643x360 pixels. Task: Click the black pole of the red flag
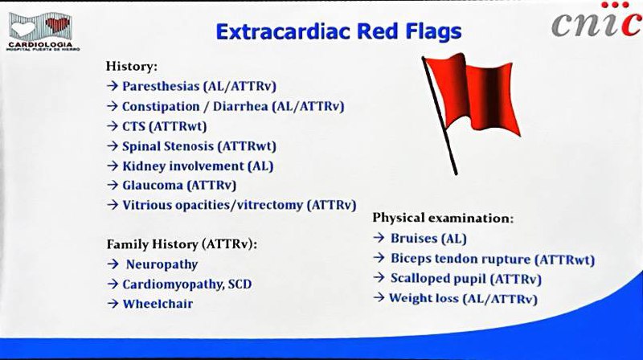tap(440, 116)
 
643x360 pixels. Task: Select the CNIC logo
tap(596, 21)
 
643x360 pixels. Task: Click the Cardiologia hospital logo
tap(43, 31)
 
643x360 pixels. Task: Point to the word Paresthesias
tap(161, 86)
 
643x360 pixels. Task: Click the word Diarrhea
tap(240, 106)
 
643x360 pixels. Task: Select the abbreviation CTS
tap(133, 126)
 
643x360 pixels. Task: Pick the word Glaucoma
tap(153, 186)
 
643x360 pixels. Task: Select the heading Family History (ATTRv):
tap(182, 244)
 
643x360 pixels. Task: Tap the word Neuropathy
tap(162, 264)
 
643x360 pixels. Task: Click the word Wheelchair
tap(158, 304)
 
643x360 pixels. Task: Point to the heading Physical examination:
tap(443, 218)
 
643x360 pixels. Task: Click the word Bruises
tap(414, 238)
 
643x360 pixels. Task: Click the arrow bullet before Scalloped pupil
tap(379, 278)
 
